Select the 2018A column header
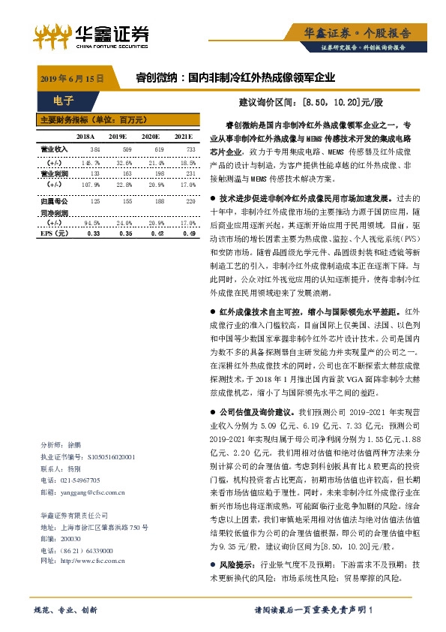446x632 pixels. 85,137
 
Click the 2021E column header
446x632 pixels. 183,137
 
